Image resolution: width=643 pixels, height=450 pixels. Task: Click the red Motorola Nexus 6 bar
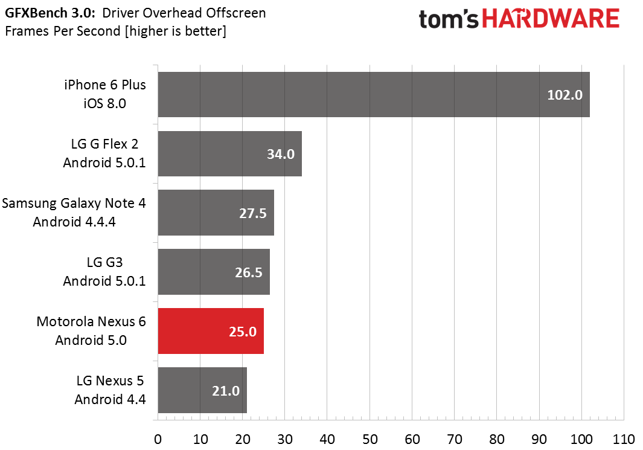point(211,331)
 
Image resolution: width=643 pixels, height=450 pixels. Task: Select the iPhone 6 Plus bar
point(374,95)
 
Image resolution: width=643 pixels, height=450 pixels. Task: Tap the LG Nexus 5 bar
point(203,390)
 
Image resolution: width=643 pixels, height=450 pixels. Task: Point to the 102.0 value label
point(565,95)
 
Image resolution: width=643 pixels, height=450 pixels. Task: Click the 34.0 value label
point(281,154)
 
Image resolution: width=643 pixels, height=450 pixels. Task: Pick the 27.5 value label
point(252,213)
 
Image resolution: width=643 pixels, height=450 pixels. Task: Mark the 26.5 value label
point(249,272)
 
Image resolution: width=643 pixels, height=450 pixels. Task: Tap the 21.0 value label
point(226,391)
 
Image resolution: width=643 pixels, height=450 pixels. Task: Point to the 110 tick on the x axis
point(624,439)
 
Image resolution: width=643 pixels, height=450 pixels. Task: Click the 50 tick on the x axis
point(370,439)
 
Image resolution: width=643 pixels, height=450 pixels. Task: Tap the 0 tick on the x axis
point(158,439)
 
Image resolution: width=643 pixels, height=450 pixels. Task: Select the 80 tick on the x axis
point(497,439)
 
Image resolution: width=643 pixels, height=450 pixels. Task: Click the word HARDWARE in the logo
point(550,19)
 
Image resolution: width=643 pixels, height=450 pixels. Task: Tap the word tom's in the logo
point(449,20)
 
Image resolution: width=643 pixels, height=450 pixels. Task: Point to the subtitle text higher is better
point(176,31)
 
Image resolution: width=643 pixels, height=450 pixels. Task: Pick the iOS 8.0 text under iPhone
point(104,103)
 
